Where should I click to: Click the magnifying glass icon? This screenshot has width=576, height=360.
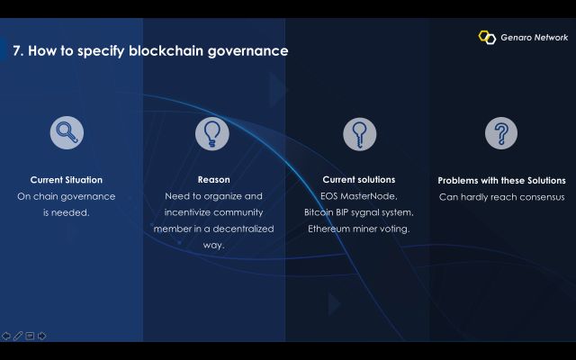(x=67, y=132)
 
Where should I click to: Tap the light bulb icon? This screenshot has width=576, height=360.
(x=212, y=134)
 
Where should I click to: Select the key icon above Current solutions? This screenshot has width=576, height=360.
(x=360, y=134)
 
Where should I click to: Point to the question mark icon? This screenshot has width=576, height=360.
(x=501, y=133)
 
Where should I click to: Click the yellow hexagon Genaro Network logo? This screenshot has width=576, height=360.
(x=487, y=37)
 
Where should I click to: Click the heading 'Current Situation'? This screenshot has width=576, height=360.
(x=67, y=180)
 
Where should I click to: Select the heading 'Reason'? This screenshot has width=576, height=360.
(x=214, y=180)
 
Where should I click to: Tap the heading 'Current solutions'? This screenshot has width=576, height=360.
(x=359, y=180)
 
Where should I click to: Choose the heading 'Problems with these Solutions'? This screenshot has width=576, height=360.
(x=502, y=180)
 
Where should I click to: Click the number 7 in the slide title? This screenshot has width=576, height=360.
(x=16, y=50)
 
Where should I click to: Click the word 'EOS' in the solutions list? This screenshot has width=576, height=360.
(x=328, y=196)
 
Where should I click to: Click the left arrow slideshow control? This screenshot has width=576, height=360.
(x=6, y=336)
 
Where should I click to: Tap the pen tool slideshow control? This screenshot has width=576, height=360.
(x=18, y=336)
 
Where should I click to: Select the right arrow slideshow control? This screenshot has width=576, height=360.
(x=42, y=336)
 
